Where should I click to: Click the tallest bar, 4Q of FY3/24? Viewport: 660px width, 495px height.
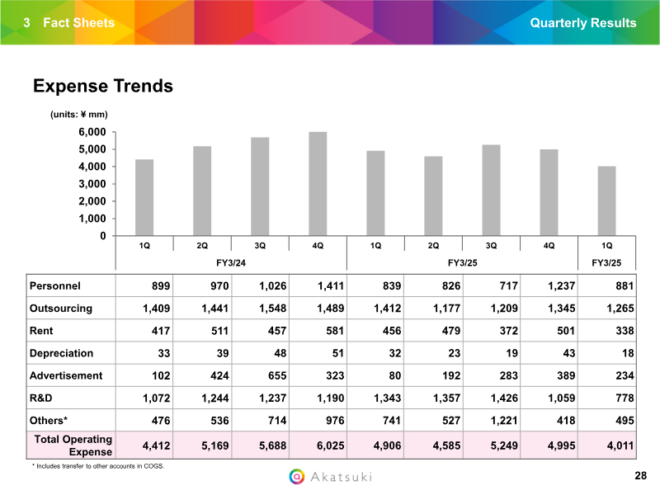pos(318,183)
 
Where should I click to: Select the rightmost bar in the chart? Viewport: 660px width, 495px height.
pos(606,200)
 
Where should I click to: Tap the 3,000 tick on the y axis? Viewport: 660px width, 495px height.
pos(92,184)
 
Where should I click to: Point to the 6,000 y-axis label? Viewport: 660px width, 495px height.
pos(92,132)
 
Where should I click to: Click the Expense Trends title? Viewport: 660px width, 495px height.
pos(103,86)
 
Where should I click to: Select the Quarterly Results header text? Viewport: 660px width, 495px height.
pos(583,23)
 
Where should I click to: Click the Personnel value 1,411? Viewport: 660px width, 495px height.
pos(331,285)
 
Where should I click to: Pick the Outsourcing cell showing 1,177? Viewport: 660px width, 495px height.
pos(446,308)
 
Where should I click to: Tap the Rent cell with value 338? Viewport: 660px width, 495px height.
pos(625,331)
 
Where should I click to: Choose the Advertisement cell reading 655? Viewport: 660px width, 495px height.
pos(277,375)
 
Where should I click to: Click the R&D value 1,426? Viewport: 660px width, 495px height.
pos(504,398)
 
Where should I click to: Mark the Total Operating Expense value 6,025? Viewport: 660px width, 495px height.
pos(331,445)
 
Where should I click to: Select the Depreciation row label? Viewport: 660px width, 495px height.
pos(61,353)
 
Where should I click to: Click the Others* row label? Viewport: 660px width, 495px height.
pos(49,421)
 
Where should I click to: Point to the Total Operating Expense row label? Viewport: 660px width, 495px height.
pos(73,445)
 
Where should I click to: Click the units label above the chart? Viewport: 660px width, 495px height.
pos(79,115)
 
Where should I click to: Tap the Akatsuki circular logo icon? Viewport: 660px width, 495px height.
pos(297,477)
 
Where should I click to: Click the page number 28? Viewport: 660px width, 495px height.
pos(641,476)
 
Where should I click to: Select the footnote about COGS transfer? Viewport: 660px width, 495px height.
pos(98,466)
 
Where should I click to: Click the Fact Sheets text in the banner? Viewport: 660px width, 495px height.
pos(78,23)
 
